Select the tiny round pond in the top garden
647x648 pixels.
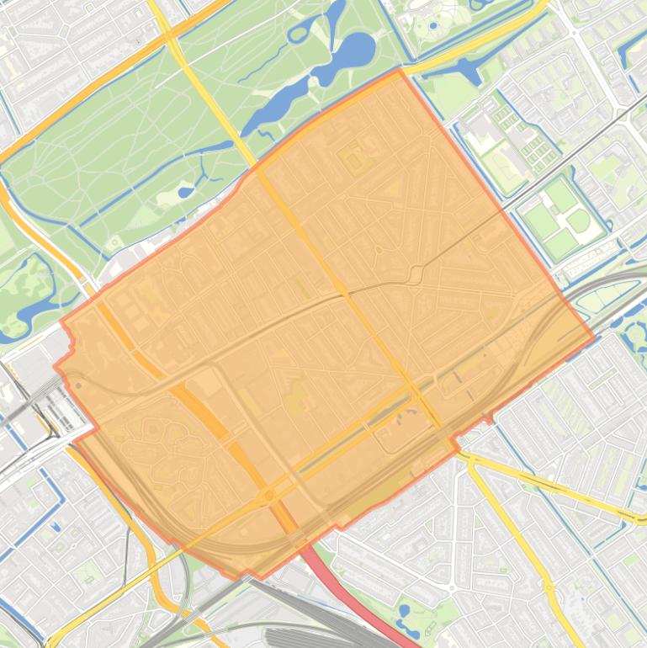[433, 25]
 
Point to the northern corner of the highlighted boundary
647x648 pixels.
[399, 71]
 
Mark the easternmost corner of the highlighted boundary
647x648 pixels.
[594, 339]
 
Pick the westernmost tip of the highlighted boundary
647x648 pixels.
[56, 367]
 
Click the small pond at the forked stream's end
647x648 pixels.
[185, 191]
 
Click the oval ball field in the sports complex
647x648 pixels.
[579, 221]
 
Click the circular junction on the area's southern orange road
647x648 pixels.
[269, 496]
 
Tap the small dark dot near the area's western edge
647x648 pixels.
[78, 386]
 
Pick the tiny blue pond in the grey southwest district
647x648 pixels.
[56, 528]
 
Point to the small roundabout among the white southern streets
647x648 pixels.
[452, 587]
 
